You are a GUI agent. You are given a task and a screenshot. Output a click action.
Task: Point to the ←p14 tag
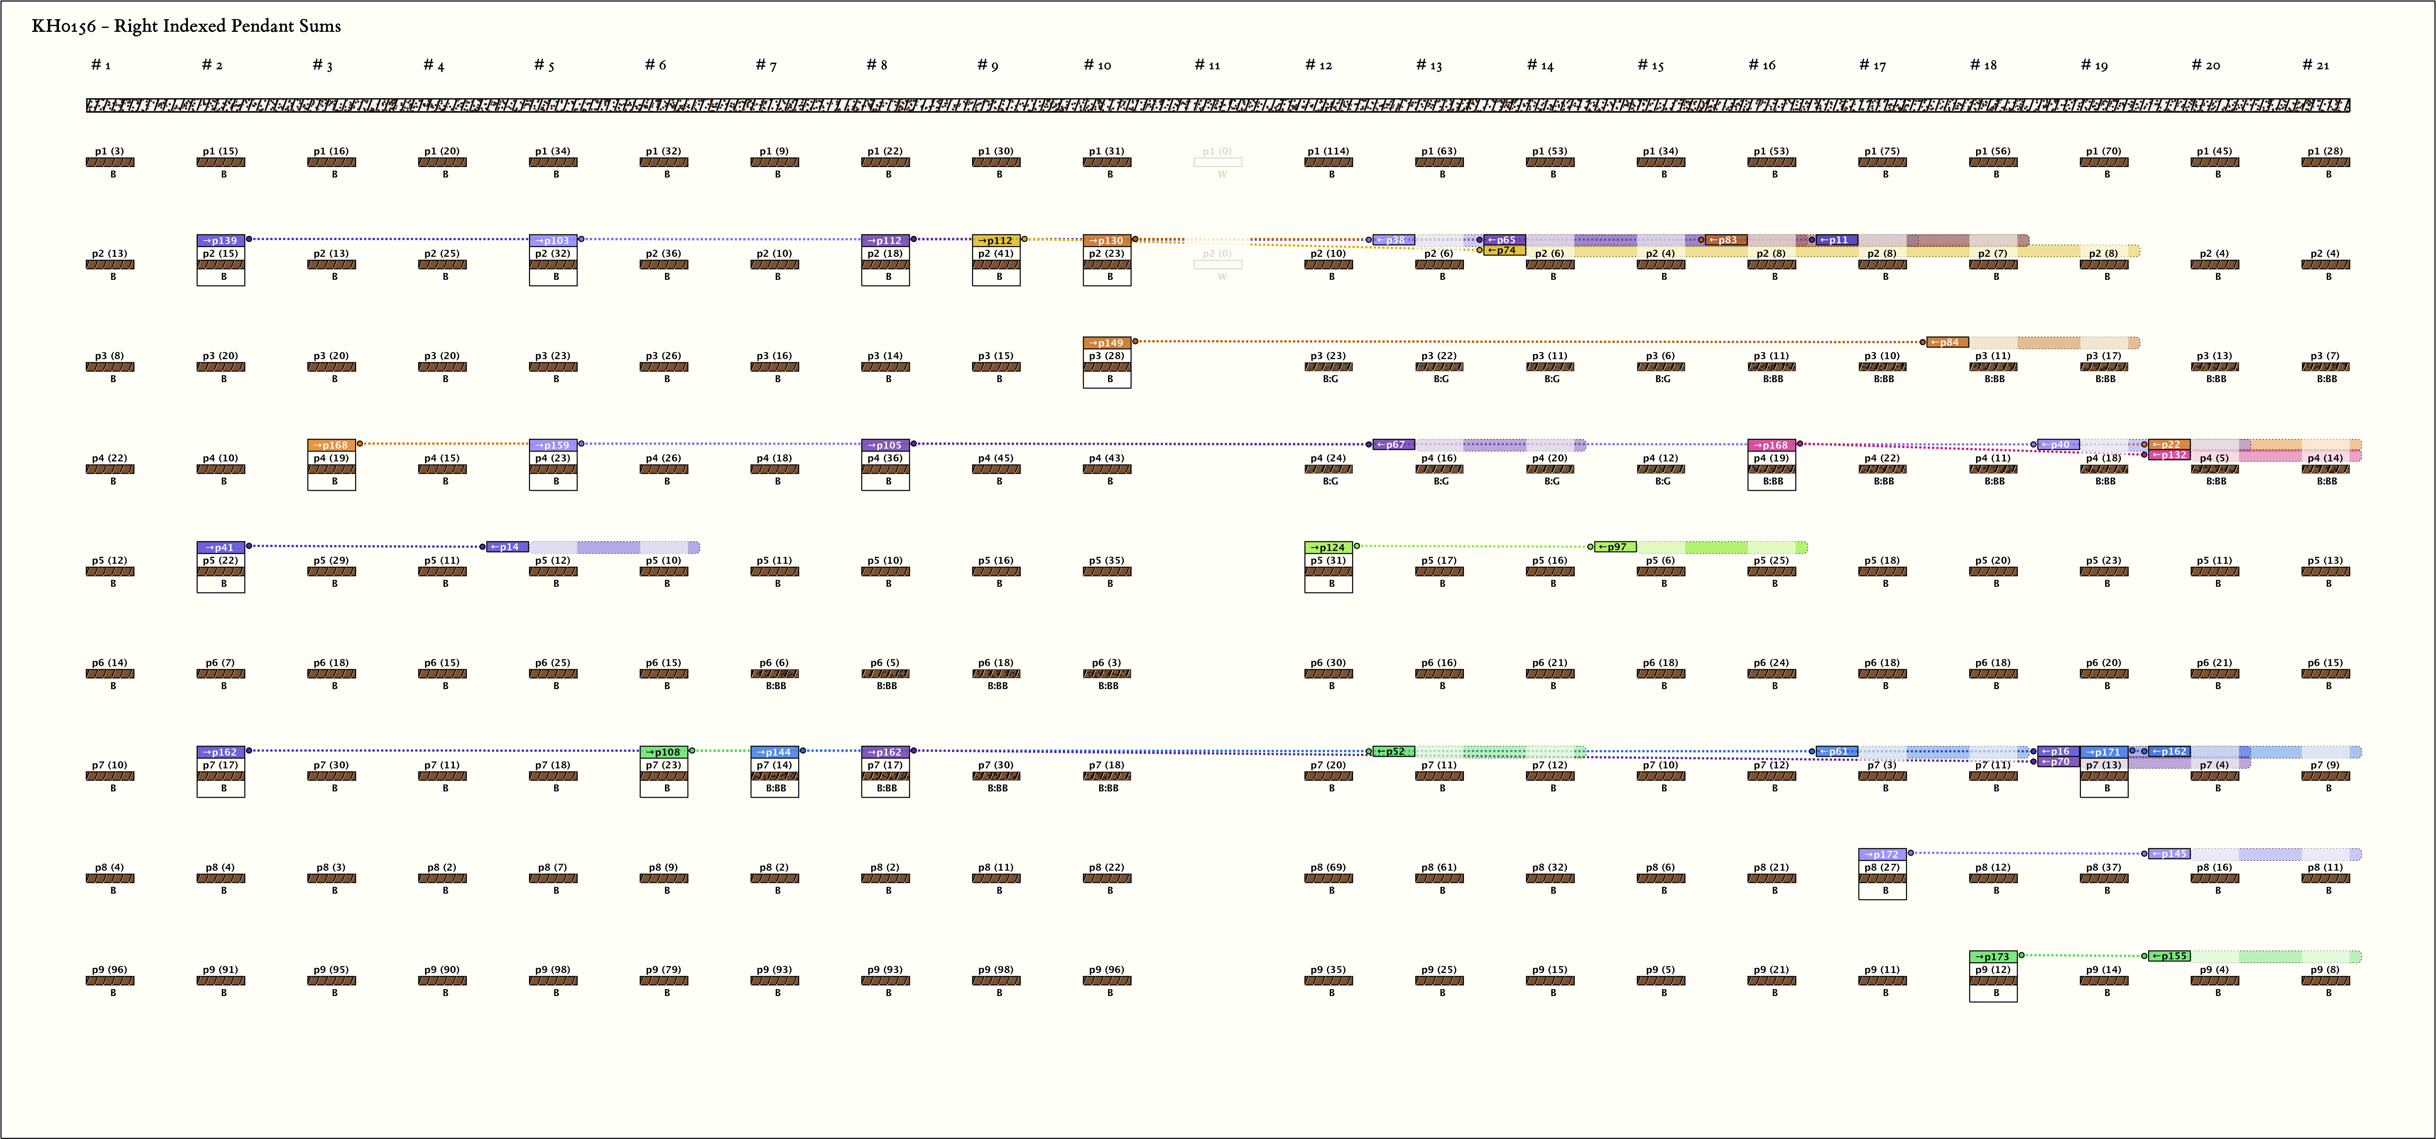point(507,547)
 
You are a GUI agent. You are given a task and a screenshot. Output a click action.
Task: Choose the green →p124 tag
point(1328,547)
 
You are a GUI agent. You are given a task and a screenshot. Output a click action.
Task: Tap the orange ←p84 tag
point(1947,342)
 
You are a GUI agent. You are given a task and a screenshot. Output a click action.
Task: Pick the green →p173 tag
point(1992,956)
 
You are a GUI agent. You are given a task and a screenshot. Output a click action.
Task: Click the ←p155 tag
point(2168,956)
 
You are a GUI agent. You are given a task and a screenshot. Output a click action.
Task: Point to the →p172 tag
point(1882,854)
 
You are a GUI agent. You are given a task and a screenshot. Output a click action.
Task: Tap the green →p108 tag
point(664,752)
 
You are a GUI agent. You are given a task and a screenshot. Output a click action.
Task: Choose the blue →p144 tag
point(774,752)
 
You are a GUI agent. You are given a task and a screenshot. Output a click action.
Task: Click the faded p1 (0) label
point(1217,151)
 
